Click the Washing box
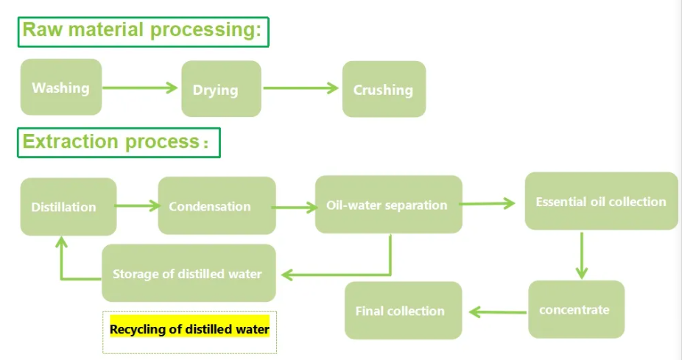(60, 88)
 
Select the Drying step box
(221, 89)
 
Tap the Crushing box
(384, 89)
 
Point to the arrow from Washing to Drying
(141, 88)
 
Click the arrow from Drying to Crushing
(300, 88)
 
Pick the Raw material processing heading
(143, 31)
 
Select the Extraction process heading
(119, 141)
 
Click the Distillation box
(68, 207)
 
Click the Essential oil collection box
(601, 201)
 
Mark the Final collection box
(403, 310)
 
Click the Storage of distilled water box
(188, 273)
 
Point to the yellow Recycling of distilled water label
(190, 328)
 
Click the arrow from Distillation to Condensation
(137, 205)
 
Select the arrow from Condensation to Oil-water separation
(295, 208)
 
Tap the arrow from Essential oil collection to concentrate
(581, 255)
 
